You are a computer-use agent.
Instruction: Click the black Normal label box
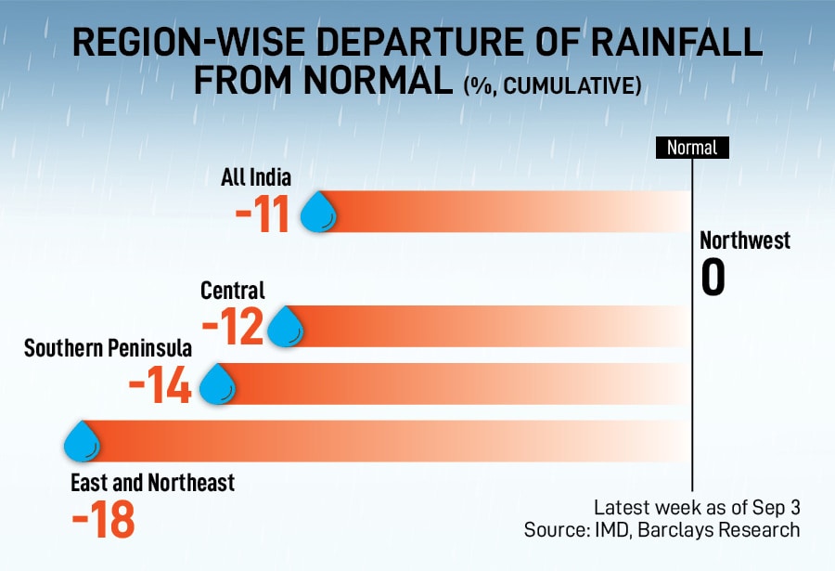pyautogui.click(x=692, y=147)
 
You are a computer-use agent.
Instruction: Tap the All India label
pyautogui.click(x=256, y=177)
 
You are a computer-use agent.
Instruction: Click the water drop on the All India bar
pyautogui.click(x=318, y=213)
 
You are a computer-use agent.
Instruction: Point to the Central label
pyautogui.click(x=233, y=292)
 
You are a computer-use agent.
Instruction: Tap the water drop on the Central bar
pyautogui.click(x=286, y=327)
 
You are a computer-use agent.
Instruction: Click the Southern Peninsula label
pyautogui.click(x=108, y=349)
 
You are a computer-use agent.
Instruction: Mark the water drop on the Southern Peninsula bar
pyautogui.click(x=217, y=384)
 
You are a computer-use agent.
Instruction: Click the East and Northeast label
pyautogui.click(x=153, y=483)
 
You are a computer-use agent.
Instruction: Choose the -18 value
pyautogui.click(x=103, y=520)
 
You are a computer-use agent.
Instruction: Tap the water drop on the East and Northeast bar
pyautogui.click(x=82, y=441)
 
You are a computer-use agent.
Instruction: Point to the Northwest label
pyautogui.click(x=745, y=240)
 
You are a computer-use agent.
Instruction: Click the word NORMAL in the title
pyautogui.click(x=377, y=81)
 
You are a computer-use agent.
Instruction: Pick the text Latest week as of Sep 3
pyautogui.click(x=696, y=508)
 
